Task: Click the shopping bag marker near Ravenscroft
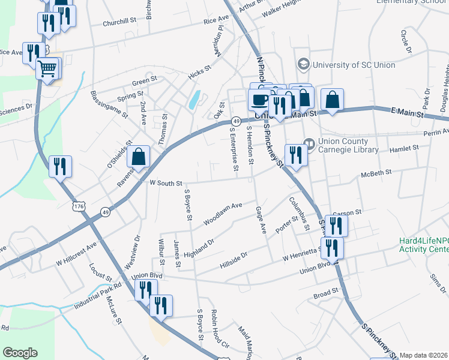(139, 157)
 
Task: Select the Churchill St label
(119, 22)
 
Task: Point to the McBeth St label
(376, 172)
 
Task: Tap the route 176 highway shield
(79, 206)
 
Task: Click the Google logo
(20, 353)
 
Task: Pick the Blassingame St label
(108, 103)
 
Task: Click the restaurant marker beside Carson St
(336, 226)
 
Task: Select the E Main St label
(411, 112)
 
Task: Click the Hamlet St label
(403, 148)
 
